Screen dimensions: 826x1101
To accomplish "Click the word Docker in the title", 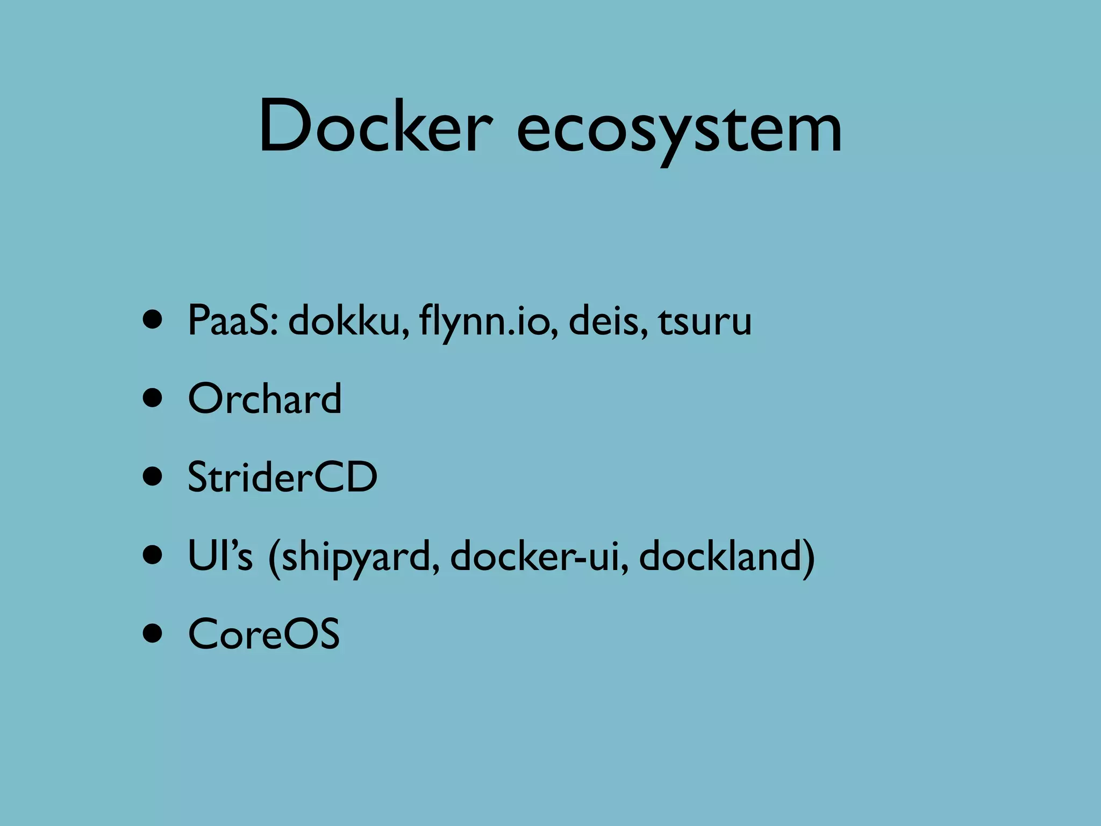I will pyautogui.click(x=375, y=126).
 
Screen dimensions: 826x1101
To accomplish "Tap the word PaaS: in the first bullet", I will pyautogui.click(x=233, y=321).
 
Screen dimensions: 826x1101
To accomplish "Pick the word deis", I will pyautogui.click(x=607, y=321).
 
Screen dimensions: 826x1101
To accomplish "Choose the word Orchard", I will pyautogui.click(x=264, y=398).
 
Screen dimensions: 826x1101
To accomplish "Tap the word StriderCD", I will pyautogui.click(x=282, y=477).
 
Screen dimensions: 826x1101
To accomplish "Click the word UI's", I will pyautogui.click(x=220, y=556).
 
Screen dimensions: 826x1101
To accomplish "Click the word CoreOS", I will pyautogui.click(x=263, y=634).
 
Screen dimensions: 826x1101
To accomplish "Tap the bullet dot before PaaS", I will pyautogui.click(x=153, y=321).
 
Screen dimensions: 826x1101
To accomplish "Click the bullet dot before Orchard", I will pyautogui.click(x=153, y=399).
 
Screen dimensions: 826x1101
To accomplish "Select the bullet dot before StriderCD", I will pyautogui.click(x=153, y=478).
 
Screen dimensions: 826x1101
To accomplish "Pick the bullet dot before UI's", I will pyautogui.click(x=153, y=556).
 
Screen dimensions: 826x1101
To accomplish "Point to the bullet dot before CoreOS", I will pyautogui.click(x=153, y=634).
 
